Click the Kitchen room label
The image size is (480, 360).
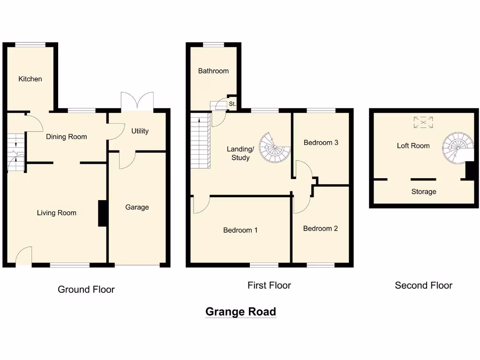30,79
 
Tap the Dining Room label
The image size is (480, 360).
66,137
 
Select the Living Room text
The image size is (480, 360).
56,213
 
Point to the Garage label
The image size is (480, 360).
137,207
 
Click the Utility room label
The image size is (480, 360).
140,131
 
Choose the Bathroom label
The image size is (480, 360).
213,71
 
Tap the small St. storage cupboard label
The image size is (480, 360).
232,104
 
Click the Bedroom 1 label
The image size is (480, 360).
240,230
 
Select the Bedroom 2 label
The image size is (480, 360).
320,228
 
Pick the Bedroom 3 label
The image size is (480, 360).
321,142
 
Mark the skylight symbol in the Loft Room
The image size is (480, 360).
423,123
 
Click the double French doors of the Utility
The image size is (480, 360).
137,101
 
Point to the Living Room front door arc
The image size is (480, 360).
23,256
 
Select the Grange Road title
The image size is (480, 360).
240,312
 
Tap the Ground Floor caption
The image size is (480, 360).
86,289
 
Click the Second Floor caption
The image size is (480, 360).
423,285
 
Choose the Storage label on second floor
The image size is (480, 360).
423,192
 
